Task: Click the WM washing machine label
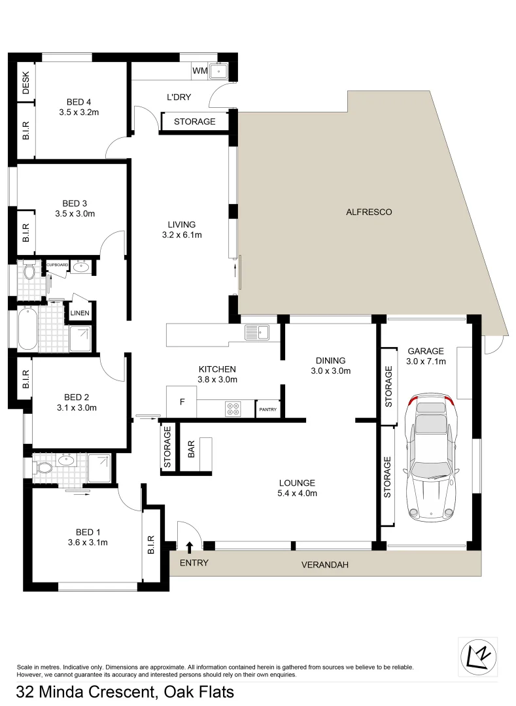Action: (x=199, y=71)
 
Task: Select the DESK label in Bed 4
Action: (x=26, y=84)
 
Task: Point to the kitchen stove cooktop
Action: (x=233, y=410)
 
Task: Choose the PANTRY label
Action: (x=268, y=410)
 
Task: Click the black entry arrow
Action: (x=190, y=546)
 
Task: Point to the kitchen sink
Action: (x=256, y=333)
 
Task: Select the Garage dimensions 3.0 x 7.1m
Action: (x=425, y=361)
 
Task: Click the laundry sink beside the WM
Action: (x=218, y=71)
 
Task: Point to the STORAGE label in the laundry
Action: (x=194, y=122)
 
